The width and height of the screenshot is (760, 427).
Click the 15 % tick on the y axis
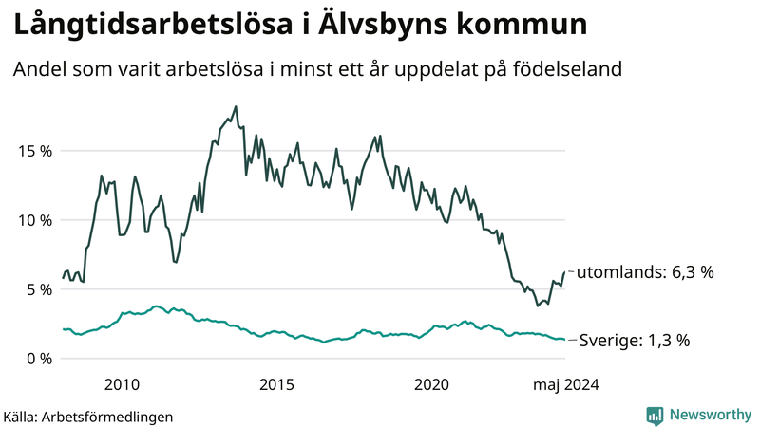tap(33, 151)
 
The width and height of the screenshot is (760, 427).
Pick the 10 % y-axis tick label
tap(33, 220)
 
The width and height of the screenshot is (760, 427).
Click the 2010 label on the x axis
tap(123, 384)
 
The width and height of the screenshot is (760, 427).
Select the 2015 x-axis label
tap(277, 384)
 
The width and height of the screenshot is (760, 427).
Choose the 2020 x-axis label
tap(432, 384)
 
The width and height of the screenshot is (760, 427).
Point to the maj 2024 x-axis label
tap(566, 384)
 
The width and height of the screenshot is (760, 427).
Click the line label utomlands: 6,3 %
tap(646, 272)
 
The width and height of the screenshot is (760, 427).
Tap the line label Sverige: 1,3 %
tap(635, 340)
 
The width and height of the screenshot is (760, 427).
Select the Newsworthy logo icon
tap(655, 415)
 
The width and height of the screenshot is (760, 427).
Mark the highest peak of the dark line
tap(236, 106)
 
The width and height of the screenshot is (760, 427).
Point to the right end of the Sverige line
tap(565, 340)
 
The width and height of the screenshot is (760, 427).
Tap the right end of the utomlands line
tap(565, 271)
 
